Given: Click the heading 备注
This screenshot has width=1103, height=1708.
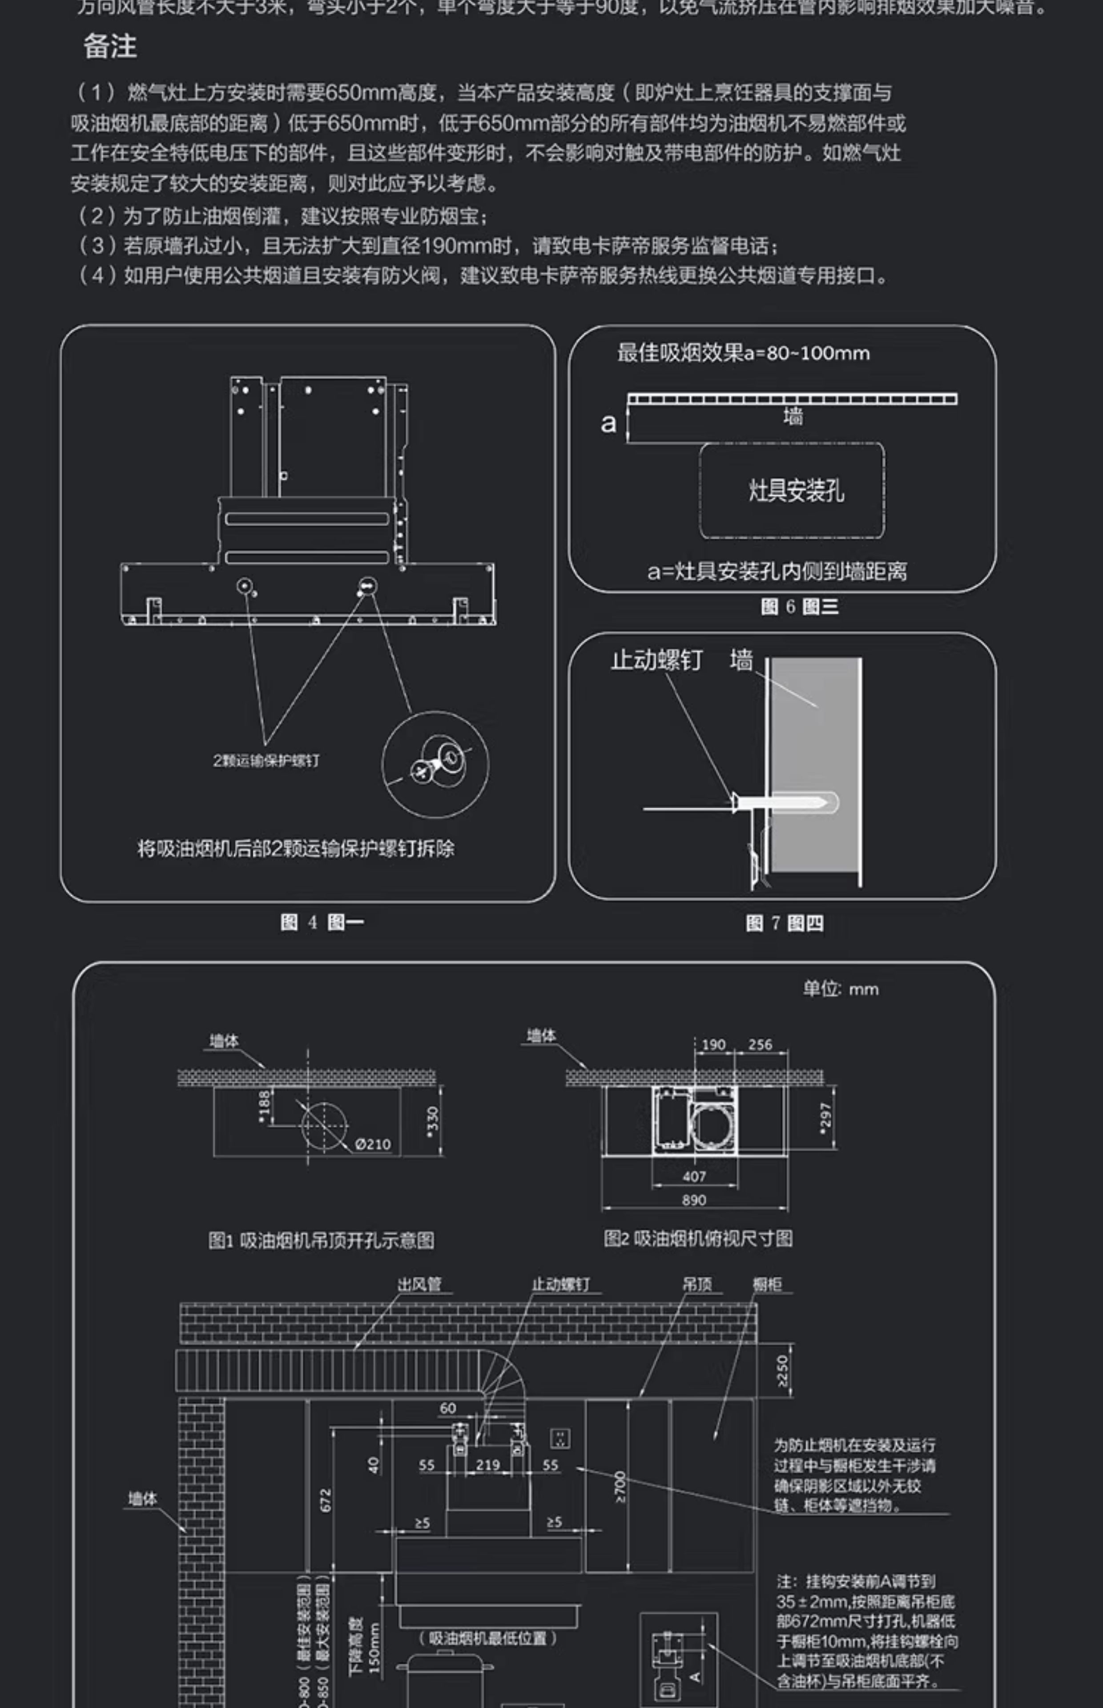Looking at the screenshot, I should (x=109, y=47).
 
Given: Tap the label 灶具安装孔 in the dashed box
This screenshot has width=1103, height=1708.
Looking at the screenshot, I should (x=796, y=491).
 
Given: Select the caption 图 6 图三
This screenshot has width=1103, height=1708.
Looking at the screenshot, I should (x=799, y=607).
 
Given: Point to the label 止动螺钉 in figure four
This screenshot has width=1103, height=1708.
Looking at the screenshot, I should (x=656, y=660).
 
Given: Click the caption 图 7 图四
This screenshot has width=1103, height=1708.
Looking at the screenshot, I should (x=784, y=923).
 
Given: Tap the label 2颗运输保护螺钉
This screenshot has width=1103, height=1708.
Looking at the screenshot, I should (x=266, y=761).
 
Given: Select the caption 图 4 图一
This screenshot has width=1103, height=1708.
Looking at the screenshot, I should (x=322, y=922).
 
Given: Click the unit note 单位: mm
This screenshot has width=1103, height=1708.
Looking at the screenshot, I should (x=840, y=989).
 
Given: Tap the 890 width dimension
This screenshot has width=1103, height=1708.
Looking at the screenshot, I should (x=694, y=1200).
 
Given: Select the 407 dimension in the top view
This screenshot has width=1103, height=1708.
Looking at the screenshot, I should (x=694, y=1176).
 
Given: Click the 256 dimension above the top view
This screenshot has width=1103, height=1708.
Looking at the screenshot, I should (x=760, y=1045).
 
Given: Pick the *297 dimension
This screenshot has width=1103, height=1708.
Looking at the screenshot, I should (x=825, y=1118).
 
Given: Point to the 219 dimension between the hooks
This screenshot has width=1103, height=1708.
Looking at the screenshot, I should (x=488, y=1465).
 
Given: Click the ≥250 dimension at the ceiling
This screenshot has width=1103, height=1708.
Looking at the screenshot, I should (x=782, y=1370).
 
